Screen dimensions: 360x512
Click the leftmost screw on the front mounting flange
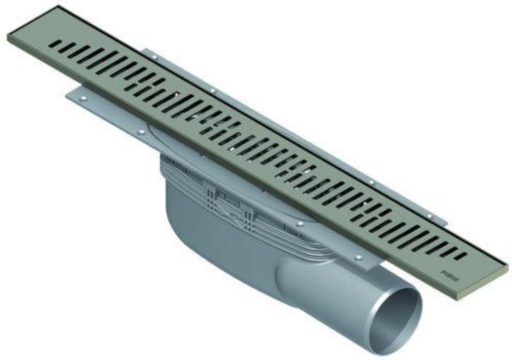[83, 98]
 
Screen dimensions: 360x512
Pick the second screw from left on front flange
[141, 132]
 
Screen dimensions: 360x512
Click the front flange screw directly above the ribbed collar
[300, 224]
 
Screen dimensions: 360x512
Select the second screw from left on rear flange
[212, 90]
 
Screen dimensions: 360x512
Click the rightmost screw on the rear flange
[430, 216]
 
